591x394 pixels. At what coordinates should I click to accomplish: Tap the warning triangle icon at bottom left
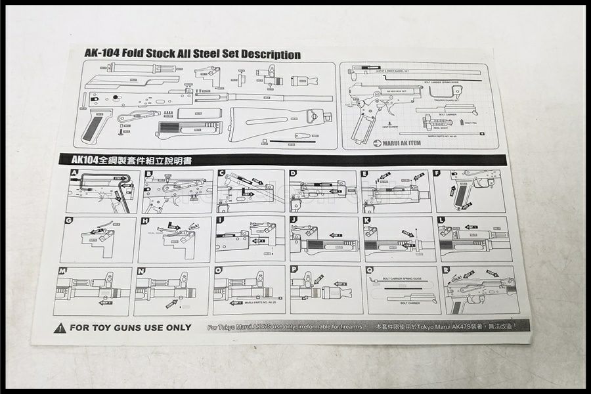coord(60,327)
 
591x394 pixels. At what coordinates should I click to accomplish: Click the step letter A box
coord(74,174)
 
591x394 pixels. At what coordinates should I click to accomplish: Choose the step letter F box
coord(437,174)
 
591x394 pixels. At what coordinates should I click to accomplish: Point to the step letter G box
coord(69,221)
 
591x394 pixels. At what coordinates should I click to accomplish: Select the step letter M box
coord(63,271)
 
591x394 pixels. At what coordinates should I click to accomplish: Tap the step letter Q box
coord(370,270)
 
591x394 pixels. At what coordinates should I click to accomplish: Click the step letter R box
coord(446,269)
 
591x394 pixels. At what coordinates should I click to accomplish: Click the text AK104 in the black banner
coord(85,160)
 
